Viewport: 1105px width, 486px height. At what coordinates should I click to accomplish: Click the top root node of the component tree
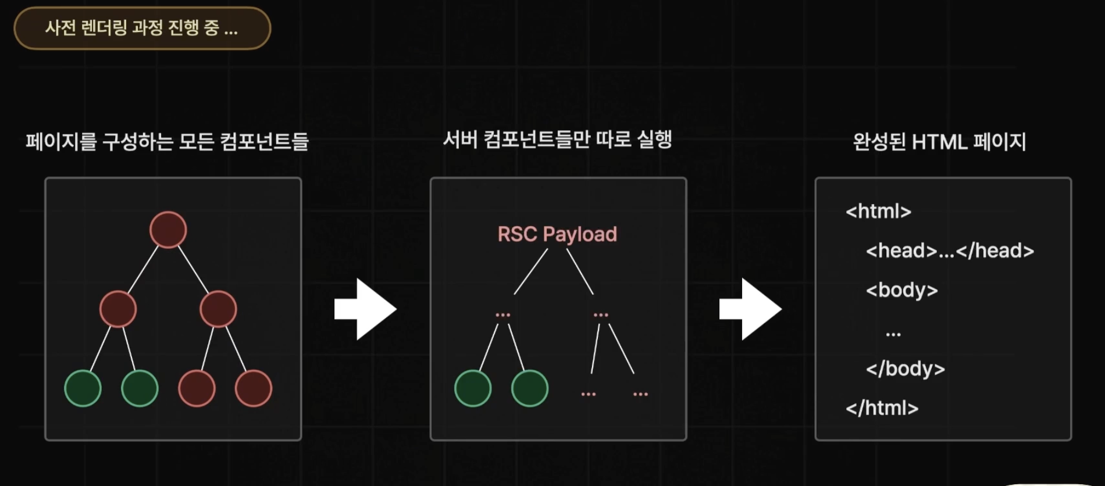coord(168,230)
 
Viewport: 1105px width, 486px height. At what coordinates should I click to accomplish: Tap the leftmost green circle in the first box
coord(83,388)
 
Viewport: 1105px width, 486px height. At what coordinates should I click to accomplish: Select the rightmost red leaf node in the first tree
coord(253,388)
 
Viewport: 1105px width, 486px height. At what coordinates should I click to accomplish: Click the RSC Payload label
coord(557,234)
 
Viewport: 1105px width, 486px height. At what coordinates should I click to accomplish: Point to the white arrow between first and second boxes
coord(365,309)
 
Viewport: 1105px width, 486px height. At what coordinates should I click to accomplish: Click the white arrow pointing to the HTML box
coord(750,309)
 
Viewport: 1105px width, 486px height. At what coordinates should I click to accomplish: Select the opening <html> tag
coord(878,212)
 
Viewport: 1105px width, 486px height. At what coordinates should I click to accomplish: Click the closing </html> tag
coord(882,408)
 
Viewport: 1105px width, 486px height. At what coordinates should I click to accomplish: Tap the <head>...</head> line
coord(950,251)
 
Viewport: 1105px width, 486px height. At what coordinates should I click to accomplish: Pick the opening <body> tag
coord(901,290)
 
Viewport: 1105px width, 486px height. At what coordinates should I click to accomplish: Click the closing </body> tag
coord(905,369)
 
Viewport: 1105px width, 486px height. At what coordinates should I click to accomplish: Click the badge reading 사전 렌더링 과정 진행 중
coord(142,28)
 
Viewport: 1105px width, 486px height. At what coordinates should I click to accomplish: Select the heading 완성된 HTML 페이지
coord(939,142)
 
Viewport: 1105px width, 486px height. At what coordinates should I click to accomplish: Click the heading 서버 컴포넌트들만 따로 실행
coord(557,140)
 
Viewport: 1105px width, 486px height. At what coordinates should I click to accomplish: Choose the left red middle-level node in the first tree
coord(118,309)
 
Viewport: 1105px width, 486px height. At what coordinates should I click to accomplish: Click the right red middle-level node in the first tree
coord(218,309)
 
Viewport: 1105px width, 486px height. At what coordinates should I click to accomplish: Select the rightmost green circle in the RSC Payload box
coord(529,388)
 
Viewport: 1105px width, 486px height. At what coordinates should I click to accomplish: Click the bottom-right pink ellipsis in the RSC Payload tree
coord(640,394)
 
